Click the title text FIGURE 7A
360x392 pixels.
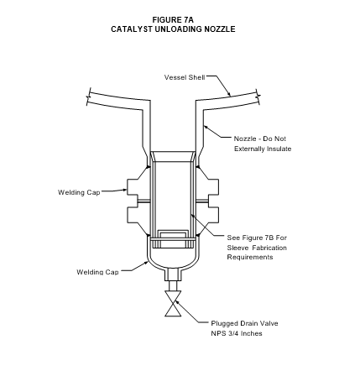point(173,20)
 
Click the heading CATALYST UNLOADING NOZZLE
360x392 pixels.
point(173,29)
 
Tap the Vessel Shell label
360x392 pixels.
point(185,77)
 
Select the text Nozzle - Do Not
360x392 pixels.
point(260,139)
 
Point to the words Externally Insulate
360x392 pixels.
point(263,149)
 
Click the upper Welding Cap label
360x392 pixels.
point(79,192)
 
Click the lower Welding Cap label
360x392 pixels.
point(97,272)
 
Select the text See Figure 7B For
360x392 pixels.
point(257,238)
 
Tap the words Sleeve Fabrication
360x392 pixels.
point(257,248)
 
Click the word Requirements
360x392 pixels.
point(250,257)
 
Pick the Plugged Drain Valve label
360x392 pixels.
point(244,323)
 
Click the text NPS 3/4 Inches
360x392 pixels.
point(237,333)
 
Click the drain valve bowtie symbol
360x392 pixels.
point(173,303)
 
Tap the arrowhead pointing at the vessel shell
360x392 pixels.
point(228,94)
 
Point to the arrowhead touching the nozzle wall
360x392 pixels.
point(206,128)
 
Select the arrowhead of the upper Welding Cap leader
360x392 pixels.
point(125,191)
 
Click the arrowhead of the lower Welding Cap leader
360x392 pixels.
point(146,263)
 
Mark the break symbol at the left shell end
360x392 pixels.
point(89,97)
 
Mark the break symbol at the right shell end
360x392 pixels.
point(258,97)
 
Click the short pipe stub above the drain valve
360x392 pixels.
point(173,285)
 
